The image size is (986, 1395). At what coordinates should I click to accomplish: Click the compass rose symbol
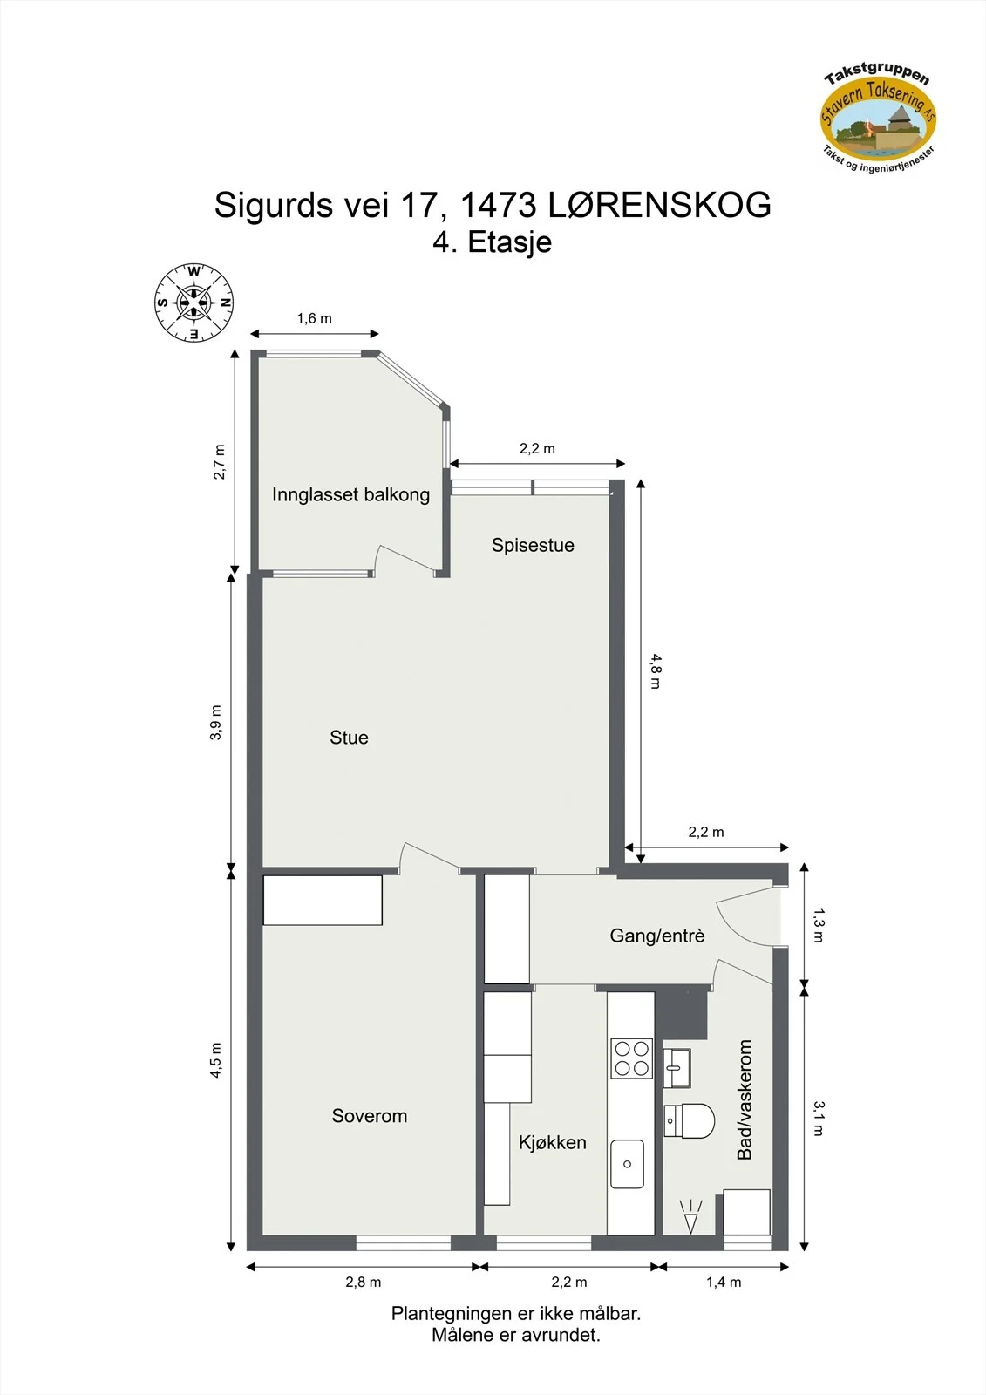tap(194, 303)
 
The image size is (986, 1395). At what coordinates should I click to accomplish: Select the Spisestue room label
tap(533, 545)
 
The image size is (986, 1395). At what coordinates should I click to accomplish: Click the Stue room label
tap(349, 738)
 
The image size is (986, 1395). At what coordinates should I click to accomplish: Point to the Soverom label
tap(370, 1115)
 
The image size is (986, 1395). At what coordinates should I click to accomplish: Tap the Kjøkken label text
tap(553, 1142)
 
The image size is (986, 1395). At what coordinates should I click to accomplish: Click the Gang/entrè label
tap(657, 936)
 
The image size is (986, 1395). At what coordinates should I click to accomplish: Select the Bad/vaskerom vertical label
tap(745, 1099)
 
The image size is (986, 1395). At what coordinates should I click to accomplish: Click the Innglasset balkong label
tap(350, 495)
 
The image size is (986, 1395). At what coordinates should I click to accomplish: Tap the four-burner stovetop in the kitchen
tap(631, 1058)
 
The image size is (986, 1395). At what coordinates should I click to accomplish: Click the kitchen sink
tap(627, 1164)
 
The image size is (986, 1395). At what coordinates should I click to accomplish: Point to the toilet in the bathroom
tap(689, 1121)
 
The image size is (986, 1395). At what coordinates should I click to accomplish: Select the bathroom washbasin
tap(677, 1067)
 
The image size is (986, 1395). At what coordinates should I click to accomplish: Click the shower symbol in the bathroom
tap(690, 1216)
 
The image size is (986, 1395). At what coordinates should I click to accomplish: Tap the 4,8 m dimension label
tap(656, 670)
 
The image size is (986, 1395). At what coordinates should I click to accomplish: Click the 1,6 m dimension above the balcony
tap(315, 319)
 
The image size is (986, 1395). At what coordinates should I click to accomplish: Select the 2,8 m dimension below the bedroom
tap(364, 1283)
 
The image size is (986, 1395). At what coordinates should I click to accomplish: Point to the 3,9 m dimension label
tap(215, 723)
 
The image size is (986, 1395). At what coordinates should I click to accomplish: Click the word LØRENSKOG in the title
tap(660, 205)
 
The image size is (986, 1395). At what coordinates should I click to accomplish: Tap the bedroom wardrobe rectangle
tap(323, 900)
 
